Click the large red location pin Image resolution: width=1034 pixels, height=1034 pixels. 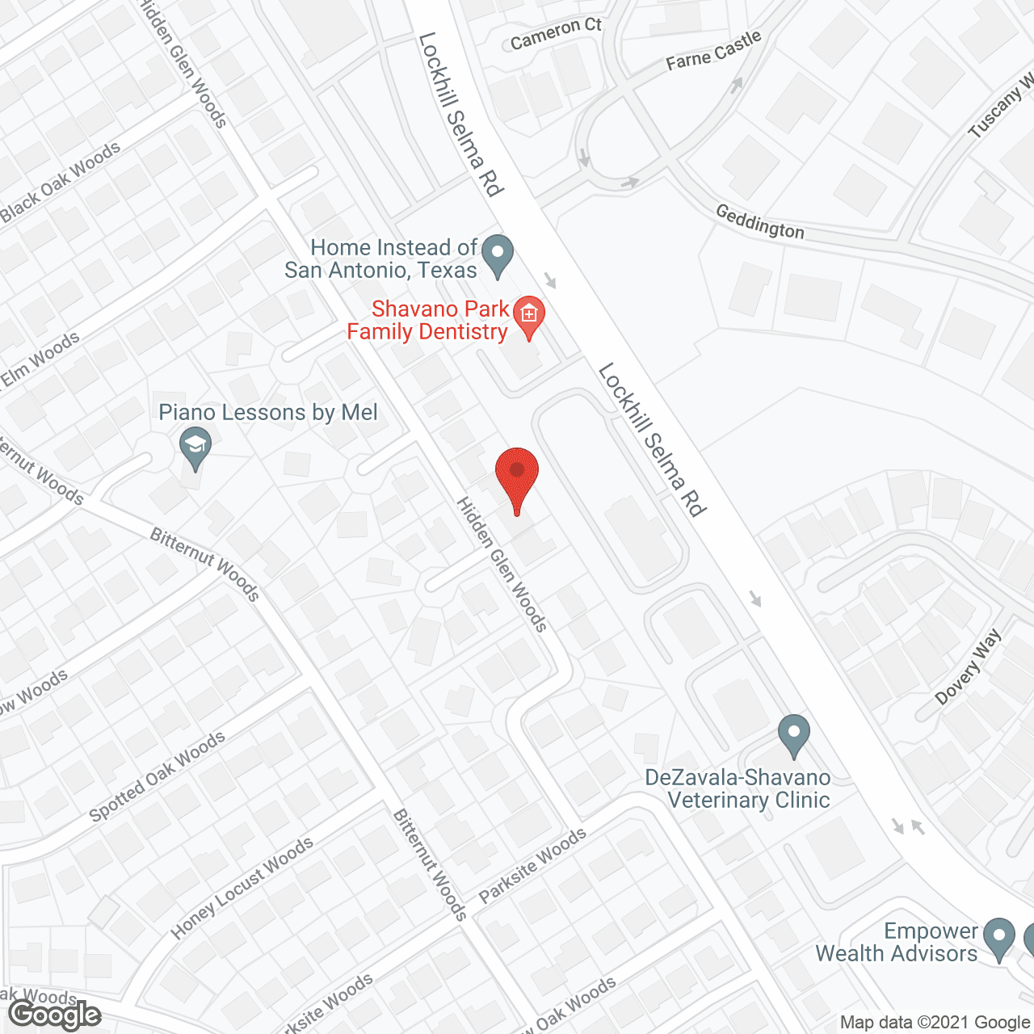pos(517,477)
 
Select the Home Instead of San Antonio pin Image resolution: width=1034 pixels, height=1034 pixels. pos(498,254)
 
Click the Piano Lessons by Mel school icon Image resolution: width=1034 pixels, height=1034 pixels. pos(195,447)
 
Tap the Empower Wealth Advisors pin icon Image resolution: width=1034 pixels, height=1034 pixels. pos(999,938)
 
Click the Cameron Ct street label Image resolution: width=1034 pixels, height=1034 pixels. pos(556,34)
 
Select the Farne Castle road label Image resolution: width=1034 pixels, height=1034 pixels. pos(713,50)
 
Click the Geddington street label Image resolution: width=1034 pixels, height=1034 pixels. pos(760,221)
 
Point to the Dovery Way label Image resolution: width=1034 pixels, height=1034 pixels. pos(968,667)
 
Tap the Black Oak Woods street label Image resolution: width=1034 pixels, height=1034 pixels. pos(61,183)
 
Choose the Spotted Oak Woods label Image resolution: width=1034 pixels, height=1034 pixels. pos(157,776)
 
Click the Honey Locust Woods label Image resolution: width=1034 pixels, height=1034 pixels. pos(242,889)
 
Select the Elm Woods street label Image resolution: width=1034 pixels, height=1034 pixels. pos(40,359)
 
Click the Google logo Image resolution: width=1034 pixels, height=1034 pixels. pos(55,1015)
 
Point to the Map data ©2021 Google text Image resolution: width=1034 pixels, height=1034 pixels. pos(935,1023)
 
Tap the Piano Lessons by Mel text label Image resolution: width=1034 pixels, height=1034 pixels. pos(268,413)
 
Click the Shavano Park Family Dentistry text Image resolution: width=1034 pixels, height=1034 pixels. pos(428,320)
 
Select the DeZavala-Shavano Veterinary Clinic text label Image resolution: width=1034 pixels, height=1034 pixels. pos(738,788)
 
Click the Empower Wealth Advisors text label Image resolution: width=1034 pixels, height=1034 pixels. pos(897,942)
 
